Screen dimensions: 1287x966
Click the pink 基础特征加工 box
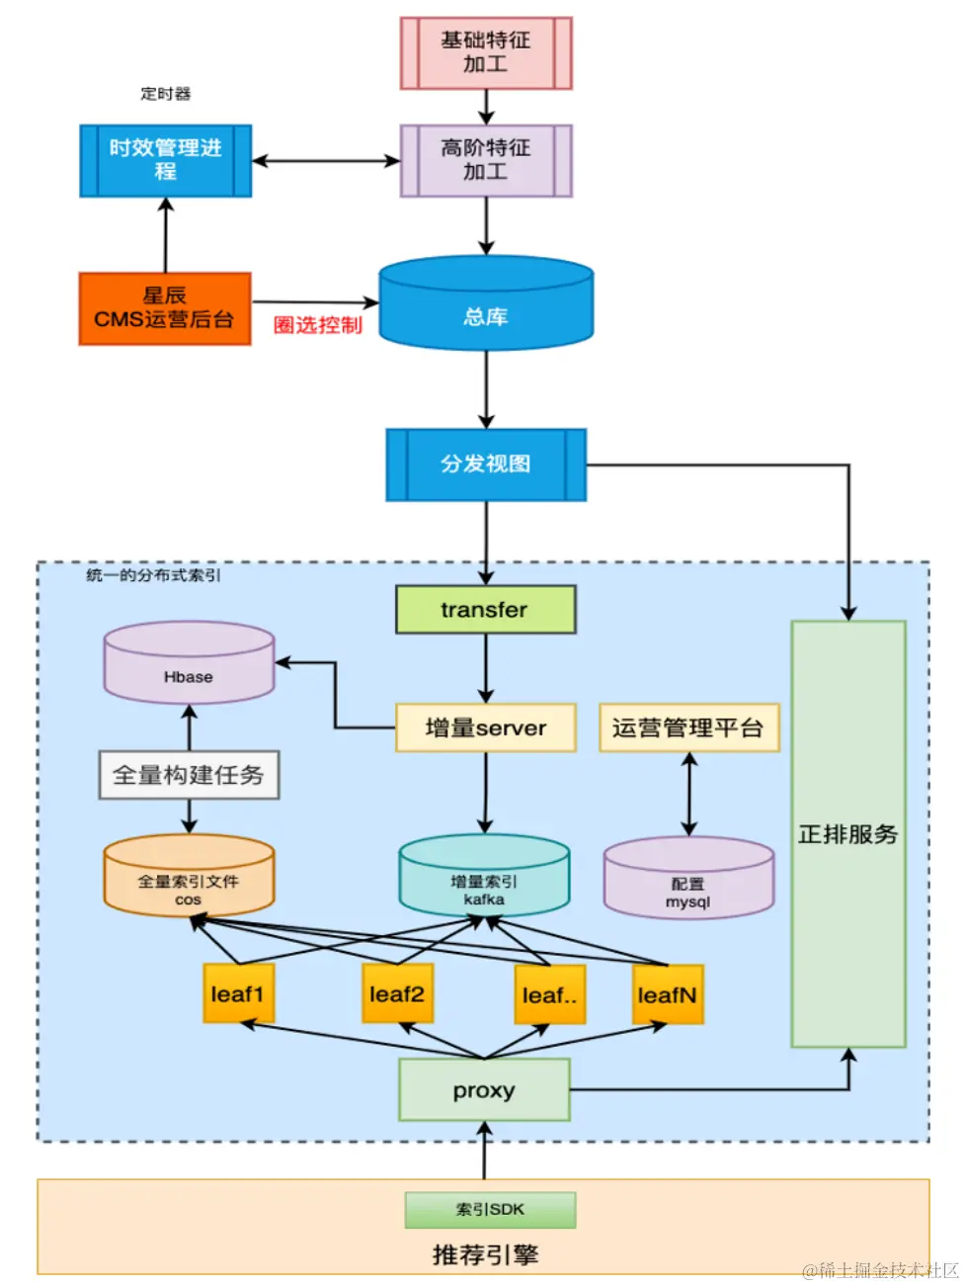tap(485, 52)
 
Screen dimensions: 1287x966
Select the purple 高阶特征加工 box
tap(485, 160)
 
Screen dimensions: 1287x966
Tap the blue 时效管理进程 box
tap(165, 160)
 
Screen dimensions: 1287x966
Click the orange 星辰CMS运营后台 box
tap(165, 308)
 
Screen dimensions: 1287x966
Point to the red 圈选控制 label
tap(317, 325)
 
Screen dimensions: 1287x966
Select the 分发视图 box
tap(485, 464)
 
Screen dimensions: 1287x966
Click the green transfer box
tap(485, 610)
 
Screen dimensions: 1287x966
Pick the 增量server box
tap(485, 728)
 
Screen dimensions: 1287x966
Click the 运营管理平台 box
tap(688, 728)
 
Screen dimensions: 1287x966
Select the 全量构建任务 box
tap(189, 775)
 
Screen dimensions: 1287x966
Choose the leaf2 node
tap(397, 993)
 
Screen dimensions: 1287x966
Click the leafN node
tap(668, 994)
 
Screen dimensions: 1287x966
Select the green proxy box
tap(484, 1090)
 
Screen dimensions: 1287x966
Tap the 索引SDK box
tap(490, 1209)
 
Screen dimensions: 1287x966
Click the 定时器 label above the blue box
tap(165, 94)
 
